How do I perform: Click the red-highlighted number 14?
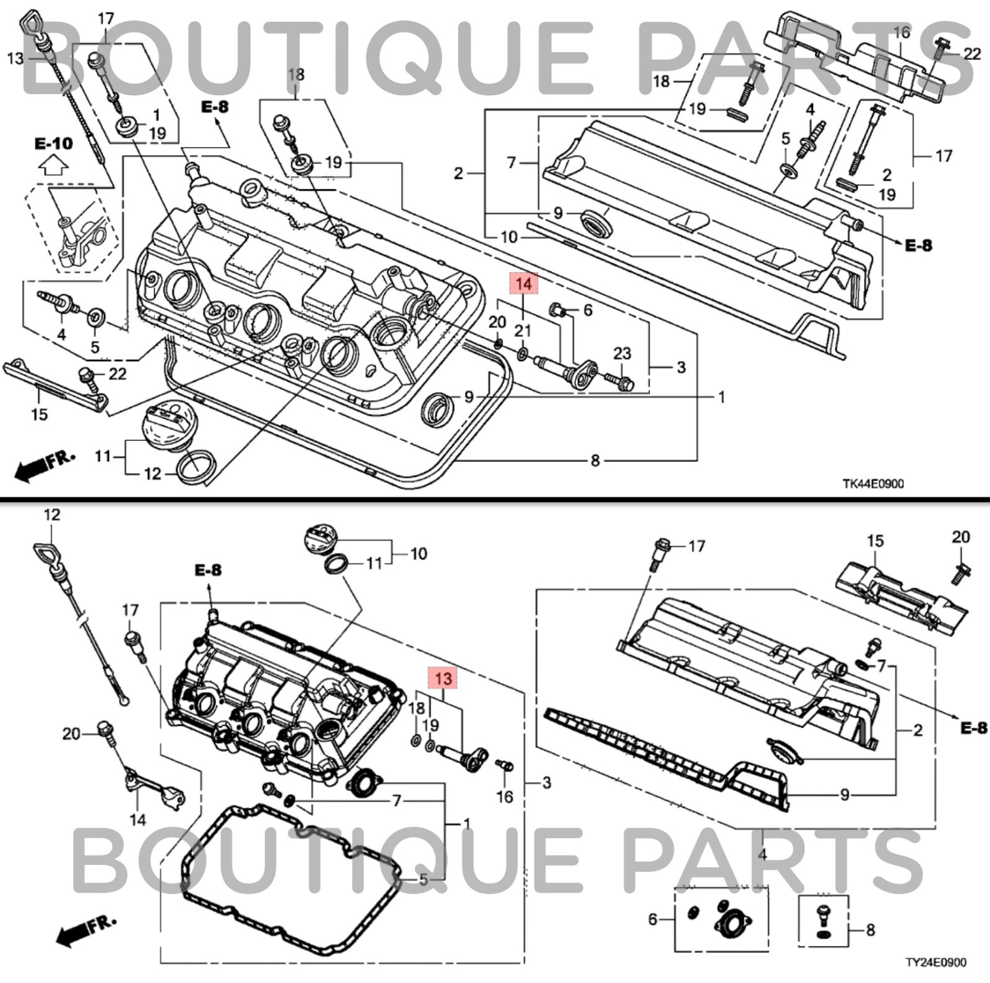click(523, 284)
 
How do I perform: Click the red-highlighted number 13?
click(443, 678)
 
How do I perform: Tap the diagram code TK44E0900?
click(872, 483)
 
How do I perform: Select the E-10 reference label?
click(53, 143)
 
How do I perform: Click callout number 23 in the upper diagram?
click(622, 353)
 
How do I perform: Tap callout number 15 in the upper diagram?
click(39, 414)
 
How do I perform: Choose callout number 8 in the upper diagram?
click(595, 460)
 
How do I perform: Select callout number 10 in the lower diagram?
click(418, 553)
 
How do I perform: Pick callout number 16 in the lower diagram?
click(504, 796)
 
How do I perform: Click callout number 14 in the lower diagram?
click(137, 819)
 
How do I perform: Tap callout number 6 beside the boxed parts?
click(652, 919)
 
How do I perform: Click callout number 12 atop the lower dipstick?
click(53, 514)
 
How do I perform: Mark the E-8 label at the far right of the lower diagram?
click(973, 728)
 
